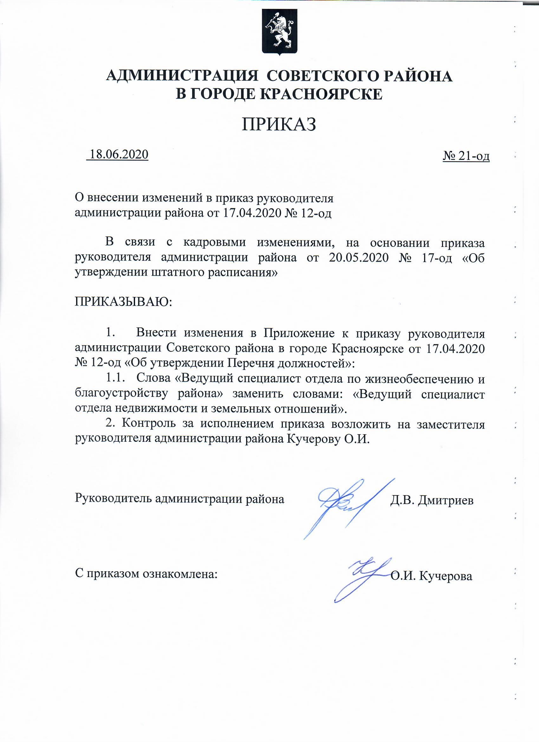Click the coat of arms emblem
(x=280, y=31)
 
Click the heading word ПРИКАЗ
(x=279, y=125)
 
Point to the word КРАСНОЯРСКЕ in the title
(x=322, y=94)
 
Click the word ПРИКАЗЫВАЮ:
(x=124, y=301)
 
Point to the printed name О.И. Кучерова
(x=432, y=576)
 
